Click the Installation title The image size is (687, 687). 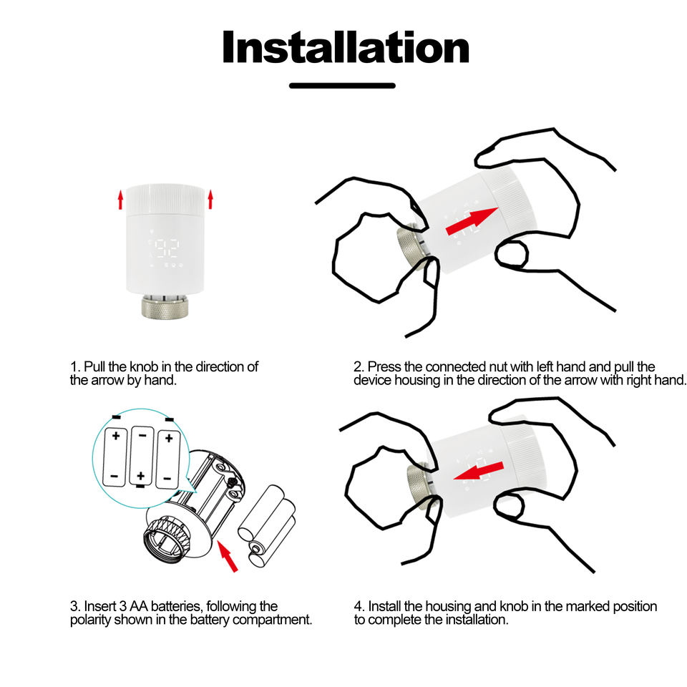coord(346,47)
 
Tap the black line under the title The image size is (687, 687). coord(342,86)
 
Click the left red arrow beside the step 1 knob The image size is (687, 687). coord(120,200)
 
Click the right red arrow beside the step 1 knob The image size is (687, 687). coord(210,200)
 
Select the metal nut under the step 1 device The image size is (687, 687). coord(165,306)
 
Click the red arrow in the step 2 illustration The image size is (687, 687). coord(472,221)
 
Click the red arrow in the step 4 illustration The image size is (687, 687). coord(478,471)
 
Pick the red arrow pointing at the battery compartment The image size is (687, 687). coord(228,556)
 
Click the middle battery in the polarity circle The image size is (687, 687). coord(142,456)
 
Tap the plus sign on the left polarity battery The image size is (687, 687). coord(116,436)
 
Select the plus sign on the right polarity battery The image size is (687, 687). coord(169,437)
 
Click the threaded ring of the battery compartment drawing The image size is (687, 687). coord(167,537)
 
